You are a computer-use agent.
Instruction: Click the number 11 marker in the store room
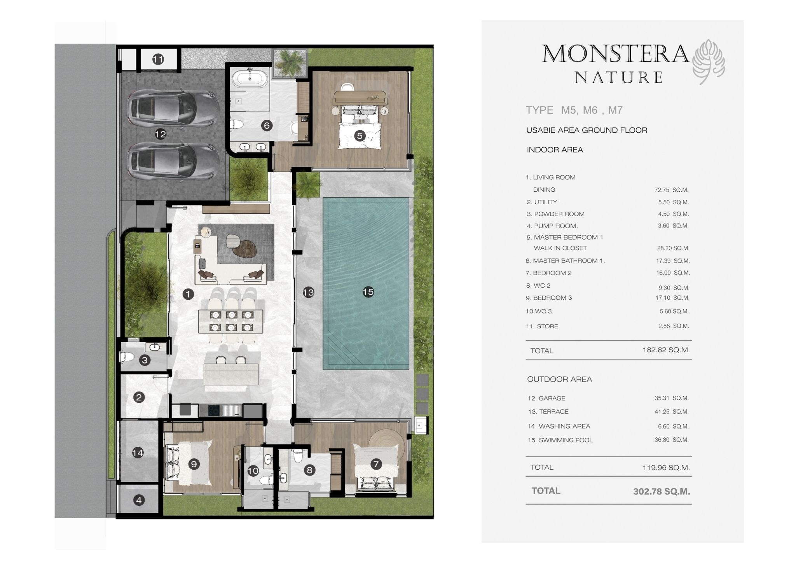click(x=158, y=59)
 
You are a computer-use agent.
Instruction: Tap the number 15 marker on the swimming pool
click(x=368, y=292)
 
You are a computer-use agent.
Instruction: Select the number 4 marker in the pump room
click(x=139, y=500)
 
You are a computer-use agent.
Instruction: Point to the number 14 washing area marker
click(x=138, y=453)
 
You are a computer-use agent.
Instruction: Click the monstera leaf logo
click(x=709, y=62)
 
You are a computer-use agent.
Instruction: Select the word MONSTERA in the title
click(x=616, y=54)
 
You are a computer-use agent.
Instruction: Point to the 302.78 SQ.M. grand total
click(x=662, y=491)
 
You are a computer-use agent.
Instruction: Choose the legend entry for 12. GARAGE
click(x=546, y=398)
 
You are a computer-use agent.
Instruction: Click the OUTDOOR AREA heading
click(x=559, y=379)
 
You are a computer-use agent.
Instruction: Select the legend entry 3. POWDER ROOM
click(x=556, y=214)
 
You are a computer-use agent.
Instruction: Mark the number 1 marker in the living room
click(x=188, y=294)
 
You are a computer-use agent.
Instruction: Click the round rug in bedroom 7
click(x=388, y=443)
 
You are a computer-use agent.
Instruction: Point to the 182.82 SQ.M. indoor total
click(x=666, y=350)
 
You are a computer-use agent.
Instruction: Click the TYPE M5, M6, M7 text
click(x=574, y=110)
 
